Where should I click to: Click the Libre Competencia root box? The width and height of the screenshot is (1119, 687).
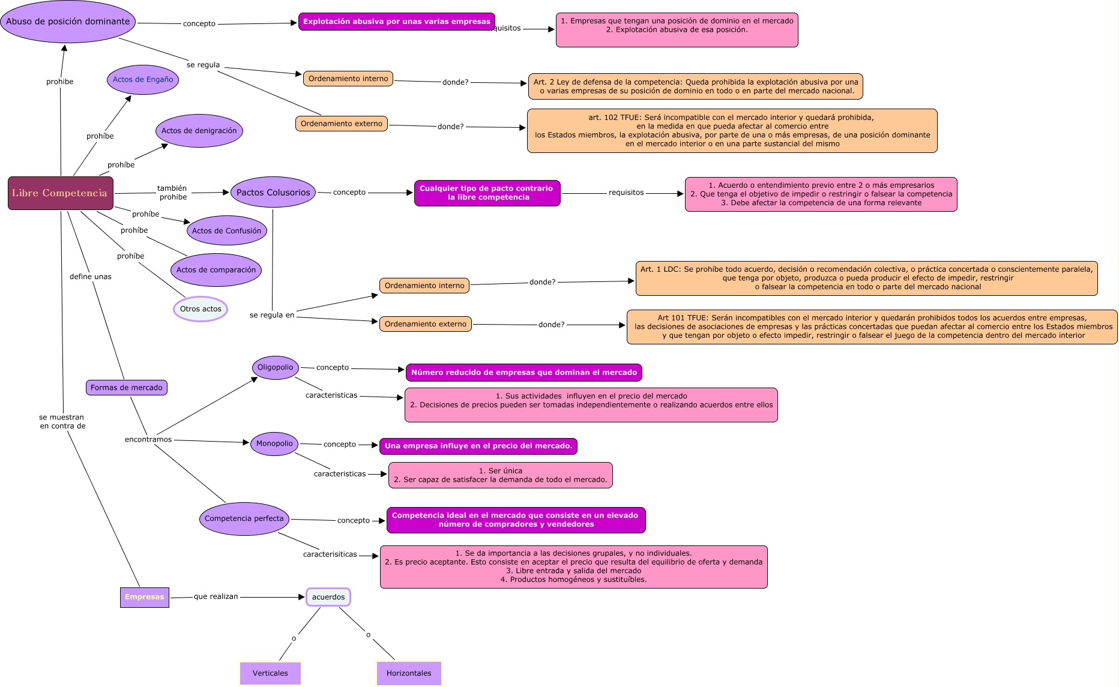click(60, 193)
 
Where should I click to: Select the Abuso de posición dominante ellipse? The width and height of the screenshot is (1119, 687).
click(68, 22)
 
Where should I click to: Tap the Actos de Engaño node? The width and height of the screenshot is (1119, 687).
click(143, 80)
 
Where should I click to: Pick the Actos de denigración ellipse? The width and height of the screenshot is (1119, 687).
click(199, 131)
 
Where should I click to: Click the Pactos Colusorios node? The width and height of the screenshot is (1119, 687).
click(273, 193)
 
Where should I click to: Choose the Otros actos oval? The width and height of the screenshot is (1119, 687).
click(201, 309)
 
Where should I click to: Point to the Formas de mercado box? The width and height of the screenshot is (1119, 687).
click(127, 388)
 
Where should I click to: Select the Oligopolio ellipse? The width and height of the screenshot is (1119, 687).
click(276, 368)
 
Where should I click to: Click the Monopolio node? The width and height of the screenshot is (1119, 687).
click(274, 444)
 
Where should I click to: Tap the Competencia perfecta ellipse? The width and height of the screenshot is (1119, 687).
click(244, 519)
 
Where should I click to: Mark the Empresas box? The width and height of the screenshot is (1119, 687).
click(144, 597)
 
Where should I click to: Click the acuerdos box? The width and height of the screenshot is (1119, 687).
click(328, 597)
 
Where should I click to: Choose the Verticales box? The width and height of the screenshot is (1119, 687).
click(270, 673)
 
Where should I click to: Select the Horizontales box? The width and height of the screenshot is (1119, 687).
click(409, 673)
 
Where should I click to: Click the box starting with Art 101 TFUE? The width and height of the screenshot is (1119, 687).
click(872, 327)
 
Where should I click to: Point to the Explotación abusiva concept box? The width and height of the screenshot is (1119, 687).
click(396, 22)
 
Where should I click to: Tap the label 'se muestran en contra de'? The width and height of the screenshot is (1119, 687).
click(62, 422)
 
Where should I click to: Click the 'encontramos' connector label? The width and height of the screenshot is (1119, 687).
click(148, 440)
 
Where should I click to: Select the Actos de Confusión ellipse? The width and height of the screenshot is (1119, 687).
click(226, 231)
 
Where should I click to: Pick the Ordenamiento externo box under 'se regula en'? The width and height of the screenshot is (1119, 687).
click(425, 325)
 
